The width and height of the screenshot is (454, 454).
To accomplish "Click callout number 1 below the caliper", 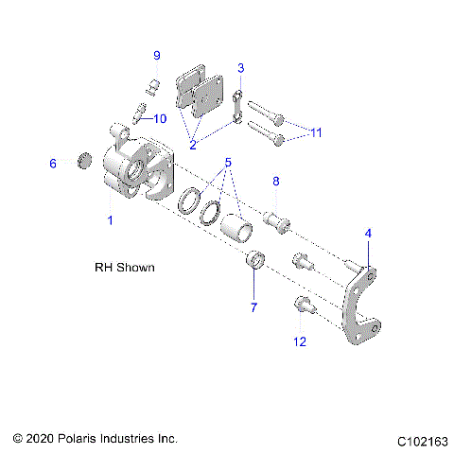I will [x=110, y=219].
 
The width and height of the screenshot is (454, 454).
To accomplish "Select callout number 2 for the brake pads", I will [x=193, y=145].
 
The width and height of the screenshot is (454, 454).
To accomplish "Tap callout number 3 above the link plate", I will [x=241, y=68].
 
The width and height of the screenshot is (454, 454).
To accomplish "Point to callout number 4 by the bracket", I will [x=368, y=233].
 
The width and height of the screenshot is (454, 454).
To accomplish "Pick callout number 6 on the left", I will [x=53, y=164].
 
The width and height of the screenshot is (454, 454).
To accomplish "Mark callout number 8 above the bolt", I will [x=276, y=182].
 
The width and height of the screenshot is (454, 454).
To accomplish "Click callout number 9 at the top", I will [x=157, y=55].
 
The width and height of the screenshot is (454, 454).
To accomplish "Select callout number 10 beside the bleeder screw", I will [x=159, y=118].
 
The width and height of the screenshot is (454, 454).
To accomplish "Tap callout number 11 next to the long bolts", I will [x=315, y=132].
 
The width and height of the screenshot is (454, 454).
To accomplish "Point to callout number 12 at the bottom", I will [x=300, y=341].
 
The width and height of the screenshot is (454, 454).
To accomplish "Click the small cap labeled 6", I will [x=82, y=162].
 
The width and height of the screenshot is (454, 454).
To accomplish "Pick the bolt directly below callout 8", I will [x=275, y=220].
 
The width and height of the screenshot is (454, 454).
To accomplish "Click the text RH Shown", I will [x=125, y=268].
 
